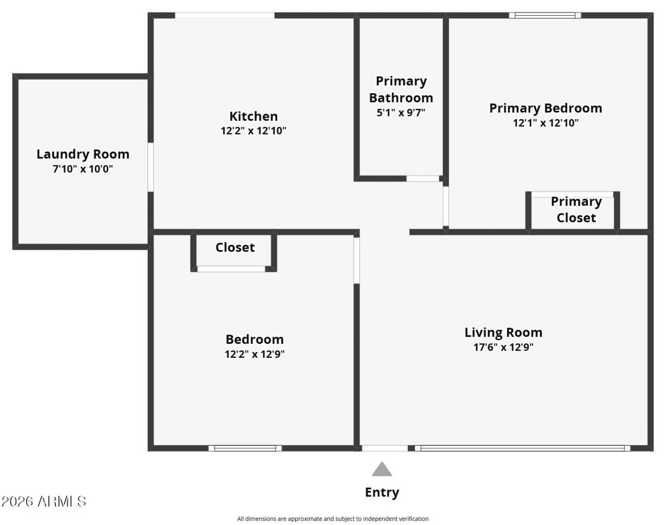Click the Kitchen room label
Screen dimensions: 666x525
pyautogui.click(x=253, y=117)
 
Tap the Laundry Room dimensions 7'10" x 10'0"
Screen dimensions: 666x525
pyautogui.click(x=83, y=169)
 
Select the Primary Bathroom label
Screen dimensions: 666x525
pyautogui.click(x=401, y=90)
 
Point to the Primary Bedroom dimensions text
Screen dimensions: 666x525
pyautogui.click(x=546, y=123)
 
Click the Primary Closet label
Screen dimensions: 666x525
pyautogui.click(x=577, y=209)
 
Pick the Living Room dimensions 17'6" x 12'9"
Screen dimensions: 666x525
pyautogui.click(x=504, y=347)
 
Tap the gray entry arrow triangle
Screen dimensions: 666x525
pyautogui.click(x=382, y=469)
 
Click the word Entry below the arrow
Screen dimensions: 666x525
pyautogui.click(x=382, y=493)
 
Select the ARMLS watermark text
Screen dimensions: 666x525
pyautogui.click(x=44, y=502)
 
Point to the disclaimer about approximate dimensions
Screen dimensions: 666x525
pyautogui.click(x=333, y=519)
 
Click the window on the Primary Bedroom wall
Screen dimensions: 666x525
pyautogui.click(x=545, y=15)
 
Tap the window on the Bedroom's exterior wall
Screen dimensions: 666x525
pyautogui.click(x=245, y=448)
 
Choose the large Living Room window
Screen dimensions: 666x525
pyautogui.click(x=522, y=448)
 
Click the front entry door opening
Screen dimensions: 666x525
pyautogui.click(x=385, y=448)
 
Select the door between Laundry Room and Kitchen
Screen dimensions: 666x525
pyautogui.click(x=150, y=167)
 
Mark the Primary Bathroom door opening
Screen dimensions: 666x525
pyautogui.click(x=422, y=179)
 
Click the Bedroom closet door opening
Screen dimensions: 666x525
pyautogui.click(x=231, y=269)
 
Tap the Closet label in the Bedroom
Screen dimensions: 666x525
pyautogui.click(x=235, y=247)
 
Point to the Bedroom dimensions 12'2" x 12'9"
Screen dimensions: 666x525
pyautogui.click(x=255, y=354)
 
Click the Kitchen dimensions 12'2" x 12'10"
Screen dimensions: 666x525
pyautogui.click(x=253, y=131)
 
